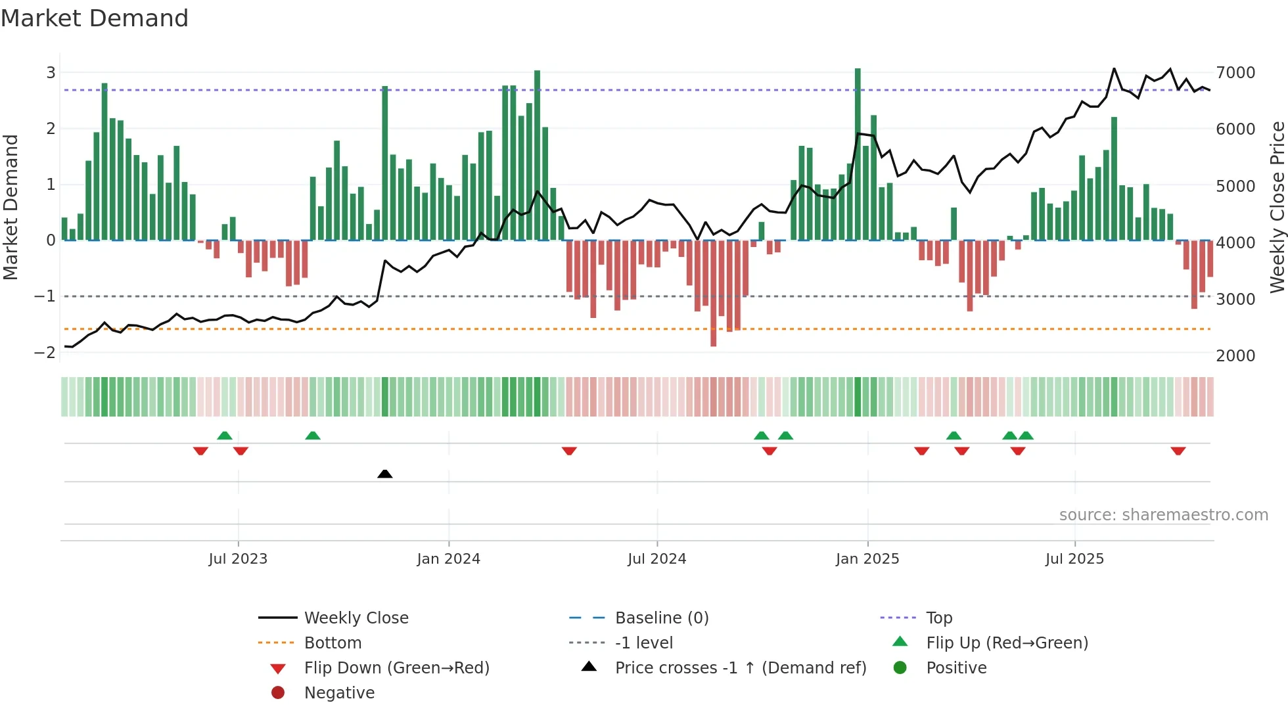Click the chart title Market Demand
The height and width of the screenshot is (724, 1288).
tap(95, 18)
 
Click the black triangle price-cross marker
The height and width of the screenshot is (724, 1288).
tap(385, 474)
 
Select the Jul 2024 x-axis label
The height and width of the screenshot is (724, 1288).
tap(656, 559)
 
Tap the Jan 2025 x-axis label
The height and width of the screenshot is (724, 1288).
tap(867, 559)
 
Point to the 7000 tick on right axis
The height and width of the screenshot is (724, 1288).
tap(1235, 73)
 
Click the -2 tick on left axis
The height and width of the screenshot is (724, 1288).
tap(45, 353)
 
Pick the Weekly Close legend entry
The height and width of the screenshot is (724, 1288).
tap(356, 618)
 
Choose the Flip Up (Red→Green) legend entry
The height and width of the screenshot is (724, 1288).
tap(1007, 643)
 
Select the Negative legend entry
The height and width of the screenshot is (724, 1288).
tap(339, 693)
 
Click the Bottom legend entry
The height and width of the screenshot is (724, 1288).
tap(333, 643)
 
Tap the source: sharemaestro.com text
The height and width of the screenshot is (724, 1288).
tap(1163, 515)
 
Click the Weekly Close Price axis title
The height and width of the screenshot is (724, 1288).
tap(1277, 207)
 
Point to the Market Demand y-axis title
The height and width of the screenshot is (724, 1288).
tap(11, 207)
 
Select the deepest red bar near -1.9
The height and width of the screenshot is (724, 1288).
tap(714, 293)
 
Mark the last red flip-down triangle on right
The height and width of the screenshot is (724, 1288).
tap(1178, 451)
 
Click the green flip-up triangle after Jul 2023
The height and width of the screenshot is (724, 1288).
tap(313, 436)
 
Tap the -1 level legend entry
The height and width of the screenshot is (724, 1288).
tap(643, 643)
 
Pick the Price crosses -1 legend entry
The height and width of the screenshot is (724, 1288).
tap(740, 668)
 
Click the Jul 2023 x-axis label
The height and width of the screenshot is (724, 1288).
tap(238, 559)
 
